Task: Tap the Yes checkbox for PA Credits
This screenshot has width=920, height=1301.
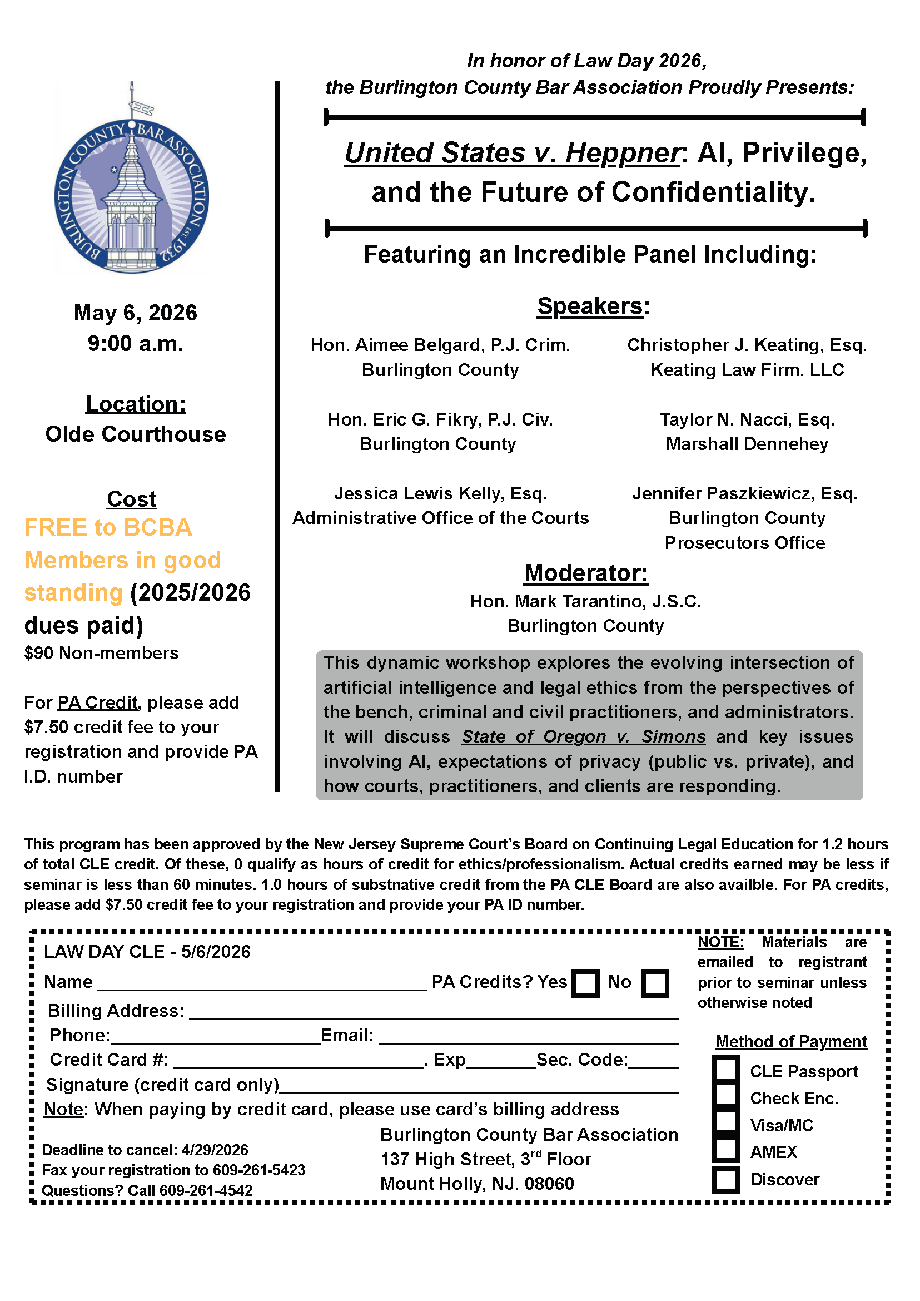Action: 586,983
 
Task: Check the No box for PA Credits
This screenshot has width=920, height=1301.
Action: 655,983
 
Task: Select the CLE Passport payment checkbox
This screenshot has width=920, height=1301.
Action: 726,1069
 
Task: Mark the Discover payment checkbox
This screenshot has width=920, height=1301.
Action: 726,1180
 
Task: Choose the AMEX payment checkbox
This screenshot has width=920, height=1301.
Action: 726,1151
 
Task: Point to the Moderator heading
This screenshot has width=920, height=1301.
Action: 585,573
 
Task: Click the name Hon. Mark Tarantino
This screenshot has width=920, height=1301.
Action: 585,601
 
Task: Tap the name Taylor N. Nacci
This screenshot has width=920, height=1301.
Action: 747,419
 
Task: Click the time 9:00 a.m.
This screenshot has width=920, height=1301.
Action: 136,344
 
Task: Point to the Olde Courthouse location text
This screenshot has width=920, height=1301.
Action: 136,434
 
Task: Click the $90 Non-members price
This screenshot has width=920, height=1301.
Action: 101,653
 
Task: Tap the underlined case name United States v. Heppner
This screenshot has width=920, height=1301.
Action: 512,153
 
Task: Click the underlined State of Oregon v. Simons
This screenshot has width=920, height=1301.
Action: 584,736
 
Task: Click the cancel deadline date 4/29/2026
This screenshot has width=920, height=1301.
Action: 215,1150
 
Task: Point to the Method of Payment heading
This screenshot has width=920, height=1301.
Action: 791,1042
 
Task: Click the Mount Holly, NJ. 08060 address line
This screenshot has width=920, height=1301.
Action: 477,1184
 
